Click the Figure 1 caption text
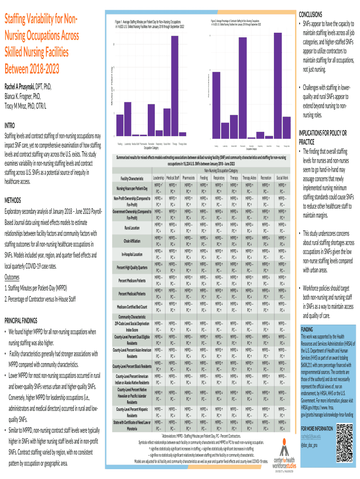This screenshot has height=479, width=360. point(149,24)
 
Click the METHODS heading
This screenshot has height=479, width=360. point(15,200)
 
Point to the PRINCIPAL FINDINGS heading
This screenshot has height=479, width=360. point(28,320)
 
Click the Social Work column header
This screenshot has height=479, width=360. point(282,178)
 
